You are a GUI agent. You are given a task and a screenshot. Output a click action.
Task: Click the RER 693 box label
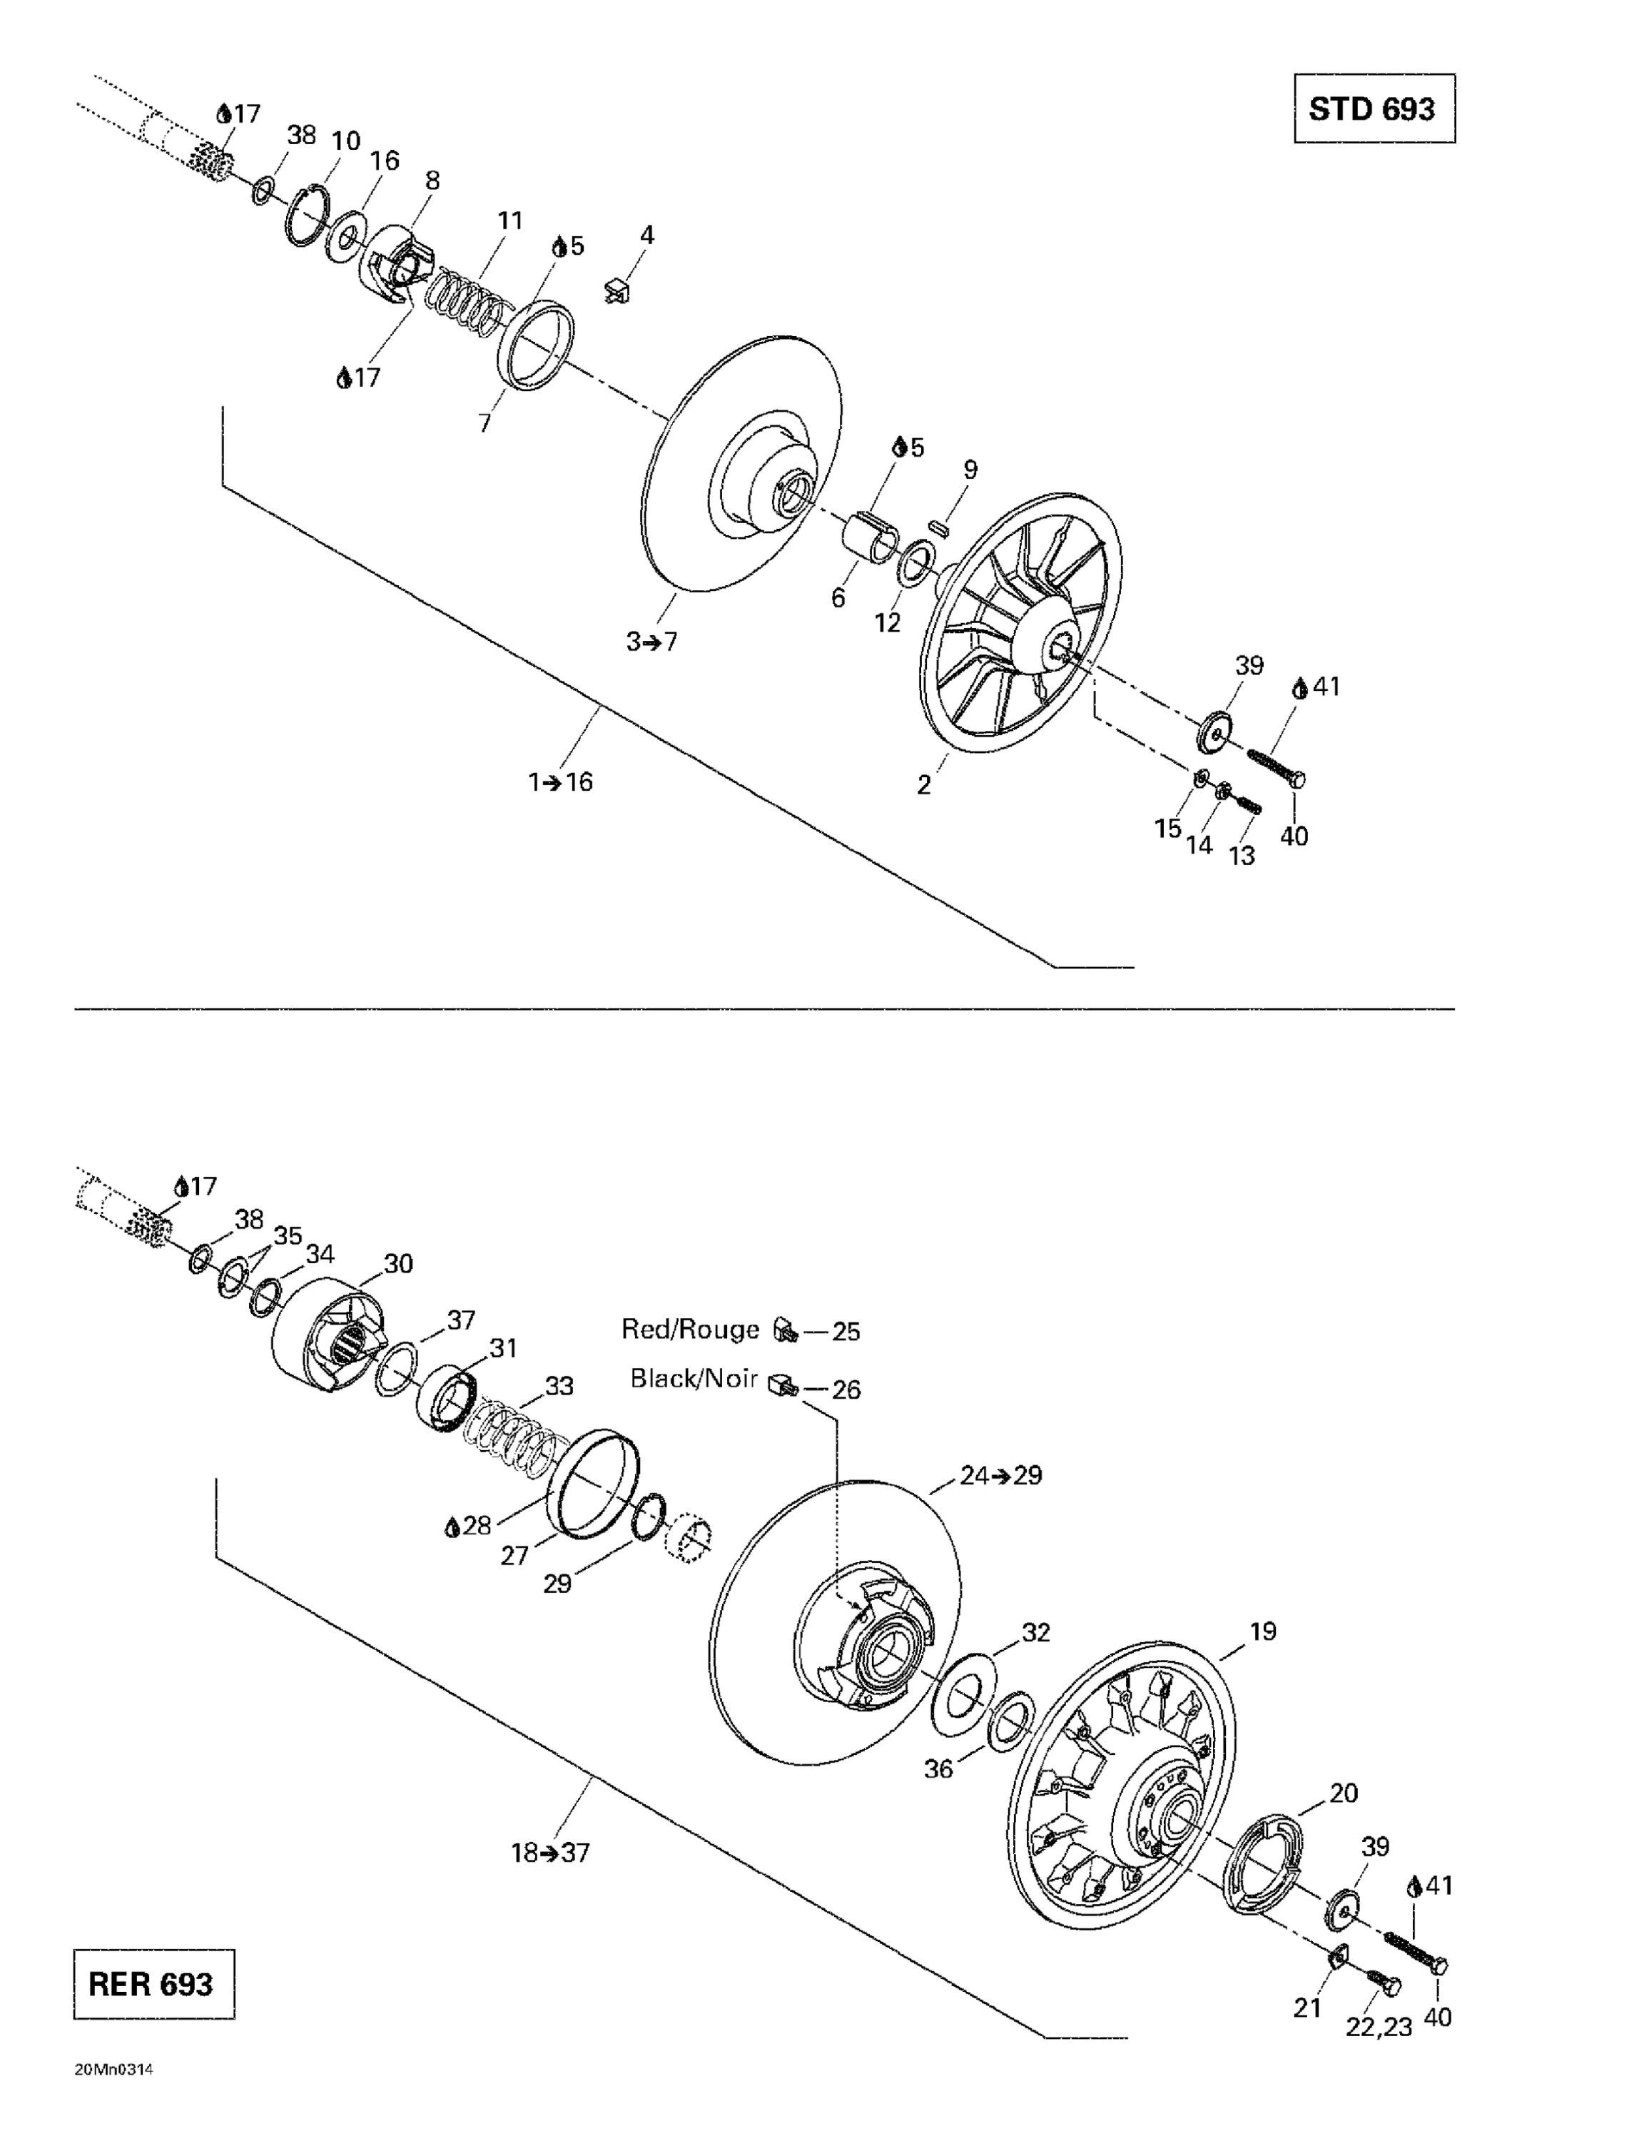coord(152,1984)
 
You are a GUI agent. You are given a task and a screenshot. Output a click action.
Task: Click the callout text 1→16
coord(561,781)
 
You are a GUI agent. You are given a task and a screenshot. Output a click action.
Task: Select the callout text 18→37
coord(550,1853)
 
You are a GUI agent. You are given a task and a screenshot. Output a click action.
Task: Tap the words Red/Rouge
coord(690,1330)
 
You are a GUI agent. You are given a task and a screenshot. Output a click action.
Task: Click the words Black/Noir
coord(693,1378)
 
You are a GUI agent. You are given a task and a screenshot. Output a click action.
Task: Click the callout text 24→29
coord(1000,1475)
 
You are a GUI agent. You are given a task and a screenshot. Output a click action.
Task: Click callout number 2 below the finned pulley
coord(923,784)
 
